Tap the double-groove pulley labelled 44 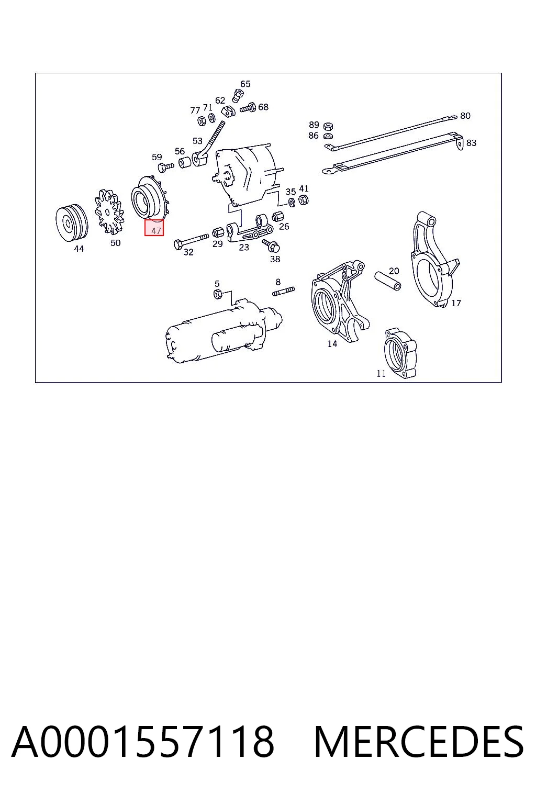[x=72, y=223]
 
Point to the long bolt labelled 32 [x=192, y=241]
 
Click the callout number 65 [x=245, y=84]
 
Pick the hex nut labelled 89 [x=328, y=126]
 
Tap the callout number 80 [x=465, y=116]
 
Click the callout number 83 [x=471, y=143]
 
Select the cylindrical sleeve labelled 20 [x=388, y=281]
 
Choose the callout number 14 [x=332, y=344]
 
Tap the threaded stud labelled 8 [x=284, y=292]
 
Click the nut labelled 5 [x=217, y=294]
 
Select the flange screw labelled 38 [x=272, y=245]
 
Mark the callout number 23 [x=244, y=247]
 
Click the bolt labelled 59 [x=165, y=166]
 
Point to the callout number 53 [x=197, y=141]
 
